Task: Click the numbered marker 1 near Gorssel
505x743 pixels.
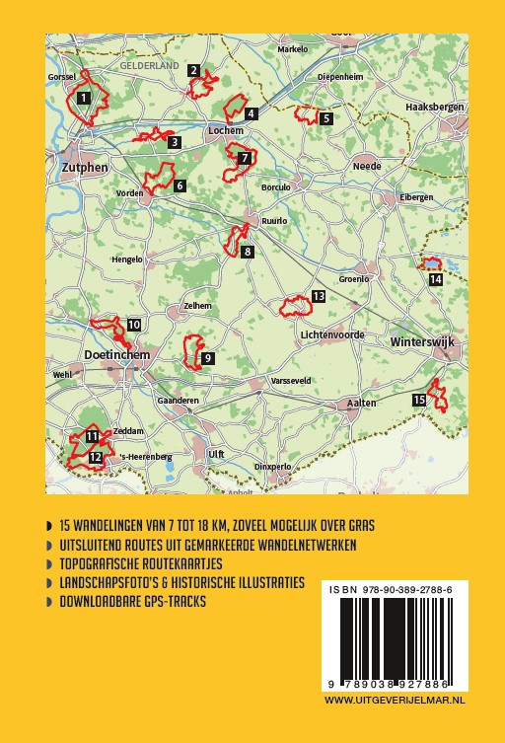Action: tap(84, 97)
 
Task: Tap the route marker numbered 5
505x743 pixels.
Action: tap(325, 118)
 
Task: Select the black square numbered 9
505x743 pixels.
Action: tap(207, 359)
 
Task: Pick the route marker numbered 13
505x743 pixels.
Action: tap(318, 296)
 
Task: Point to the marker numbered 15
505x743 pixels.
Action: tap(419, 399)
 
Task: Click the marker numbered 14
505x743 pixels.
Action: tap(435, 279)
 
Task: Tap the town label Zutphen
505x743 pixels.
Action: tap(83, 169)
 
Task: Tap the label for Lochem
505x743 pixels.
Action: tap(226, 129)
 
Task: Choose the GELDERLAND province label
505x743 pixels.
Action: tap(150, 65)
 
